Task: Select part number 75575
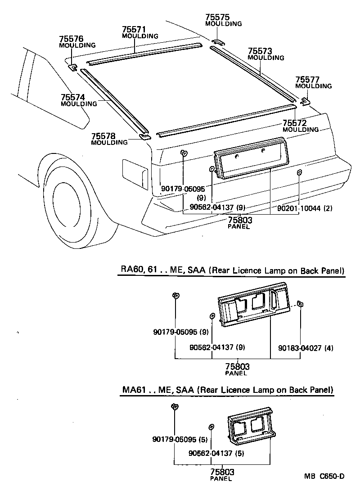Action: pyautogui.click(x=217, y=17)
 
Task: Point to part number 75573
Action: pyautogui.click(x=260, y=51)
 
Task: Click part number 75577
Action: pyautogui.click(x=307, y=80)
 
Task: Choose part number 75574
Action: pyautogui.click(x=72, y=97)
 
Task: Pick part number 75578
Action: pyautogui.click(x=103, y=136)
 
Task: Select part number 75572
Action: pyautogui.click(x=294, y=123)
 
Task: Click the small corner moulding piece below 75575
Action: pyautogui.click(x=218, y=42)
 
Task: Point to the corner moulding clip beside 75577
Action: pyautogui.click(x=305, y=101)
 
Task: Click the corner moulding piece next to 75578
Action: pyautogui.click(x=144, y=136)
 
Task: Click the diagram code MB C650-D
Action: pyautogui.click(x=324, y=476)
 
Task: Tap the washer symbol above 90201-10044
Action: pyautogui.click(x=299, y=172)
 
